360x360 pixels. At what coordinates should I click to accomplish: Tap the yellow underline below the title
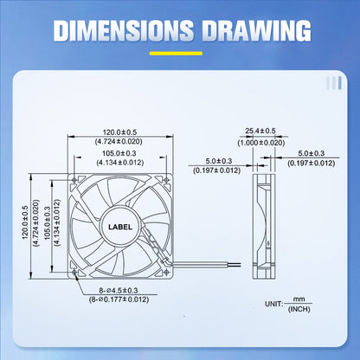click(180, 55)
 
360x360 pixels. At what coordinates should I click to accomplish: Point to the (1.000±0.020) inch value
click(260, 142)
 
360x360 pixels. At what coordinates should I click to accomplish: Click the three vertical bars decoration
click(332, 83)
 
